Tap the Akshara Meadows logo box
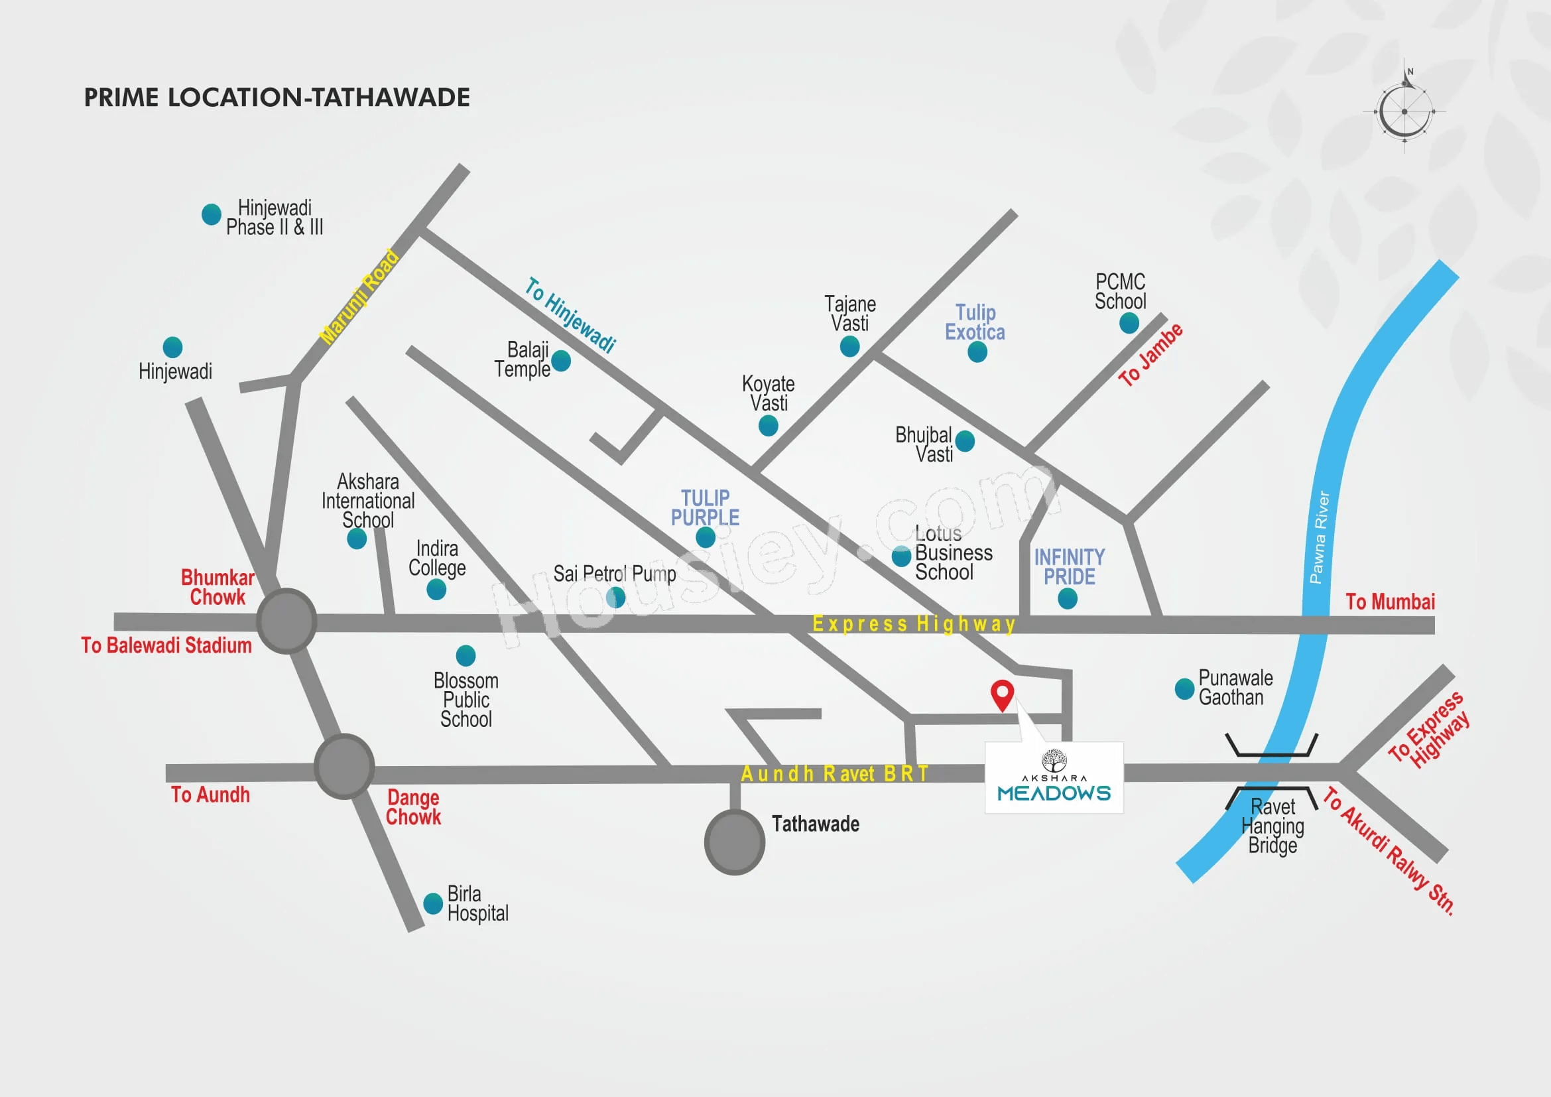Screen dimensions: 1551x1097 pyautogui.click(x=1054, y=777)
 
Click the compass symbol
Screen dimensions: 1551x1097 pyautogui.click(x=1405, y=108)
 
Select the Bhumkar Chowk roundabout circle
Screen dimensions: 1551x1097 pyautogui.click(x=287, y=621)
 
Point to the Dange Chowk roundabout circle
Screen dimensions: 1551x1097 pyautogui.click(x=345, y=767)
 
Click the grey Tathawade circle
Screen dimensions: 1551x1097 pyautogui.click(x=735, y=842)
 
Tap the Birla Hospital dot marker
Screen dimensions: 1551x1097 pyautogui.click(x=433, y=903)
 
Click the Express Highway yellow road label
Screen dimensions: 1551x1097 pyautogui.click(x=913, y=623)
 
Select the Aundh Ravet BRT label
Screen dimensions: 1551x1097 pyautogui.click(x=835, y=773)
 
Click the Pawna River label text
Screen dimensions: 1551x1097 pyautogui.click(x=1320, y=538)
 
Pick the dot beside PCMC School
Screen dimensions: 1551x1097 pyautogui.click(x=1129, y=323)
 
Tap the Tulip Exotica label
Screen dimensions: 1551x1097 pyautogui.click(x=975, y=322)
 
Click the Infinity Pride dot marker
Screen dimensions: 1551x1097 pyautogui.click(x=1068, y=598)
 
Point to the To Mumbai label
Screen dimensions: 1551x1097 pyautogui.click(x=1391, y=602)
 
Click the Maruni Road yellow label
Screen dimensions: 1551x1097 pyautogui.click(x=359, y=296)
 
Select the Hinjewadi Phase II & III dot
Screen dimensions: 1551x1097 pyautogui.click(x=212, y=214)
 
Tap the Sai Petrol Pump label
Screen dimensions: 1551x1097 pyautogui.click(x=615, y=574)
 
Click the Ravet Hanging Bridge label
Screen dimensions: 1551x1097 pyautogui.click(x=1272, y=826)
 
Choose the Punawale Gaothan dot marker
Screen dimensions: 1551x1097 pyautogui.click(x=1185, y=689)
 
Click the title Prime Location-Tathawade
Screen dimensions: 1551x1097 pyautogui.click(x=277, y=98)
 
